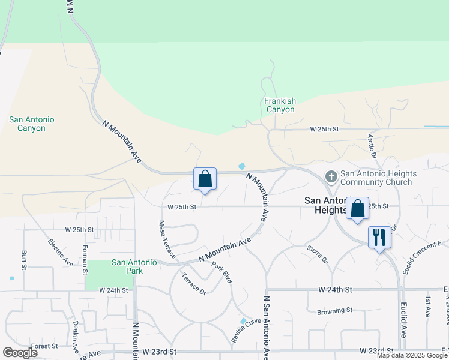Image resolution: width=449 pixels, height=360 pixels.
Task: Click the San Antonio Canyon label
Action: [x=31, y=124]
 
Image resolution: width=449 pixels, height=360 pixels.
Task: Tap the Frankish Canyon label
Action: [x=280, y=106]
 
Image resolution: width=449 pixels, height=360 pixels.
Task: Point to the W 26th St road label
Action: [x=324, y=129]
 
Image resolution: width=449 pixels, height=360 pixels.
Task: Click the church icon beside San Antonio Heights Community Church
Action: [x=331, y=177]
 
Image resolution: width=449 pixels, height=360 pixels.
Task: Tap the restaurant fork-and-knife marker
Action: [x=379, y=237]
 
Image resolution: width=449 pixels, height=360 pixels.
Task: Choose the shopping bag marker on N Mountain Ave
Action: [x=205, y=179]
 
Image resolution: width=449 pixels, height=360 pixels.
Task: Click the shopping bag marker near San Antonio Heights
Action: [x=357, y=209]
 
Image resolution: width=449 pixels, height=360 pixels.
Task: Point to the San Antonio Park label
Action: [x=135, y=266]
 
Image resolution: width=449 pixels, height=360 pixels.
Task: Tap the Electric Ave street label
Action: [x=60, y=253]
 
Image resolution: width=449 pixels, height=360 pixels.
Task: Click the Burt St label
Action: [x=24, y=259]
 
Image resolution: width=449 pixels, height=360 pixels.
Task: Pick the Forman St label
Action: [x=86, y=256]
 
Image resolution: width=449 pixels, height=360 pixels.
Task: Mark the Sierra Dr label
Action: [x=317, y=254]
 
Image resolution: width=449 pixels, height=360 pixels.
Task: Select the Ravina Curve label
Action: [x=246, y=330]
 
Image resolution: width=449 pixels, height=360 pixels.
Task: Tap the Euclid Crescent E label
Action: [x=423, y=253]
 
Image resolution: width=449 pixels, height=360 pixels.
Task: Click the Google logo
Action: [x=20, y=352]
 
